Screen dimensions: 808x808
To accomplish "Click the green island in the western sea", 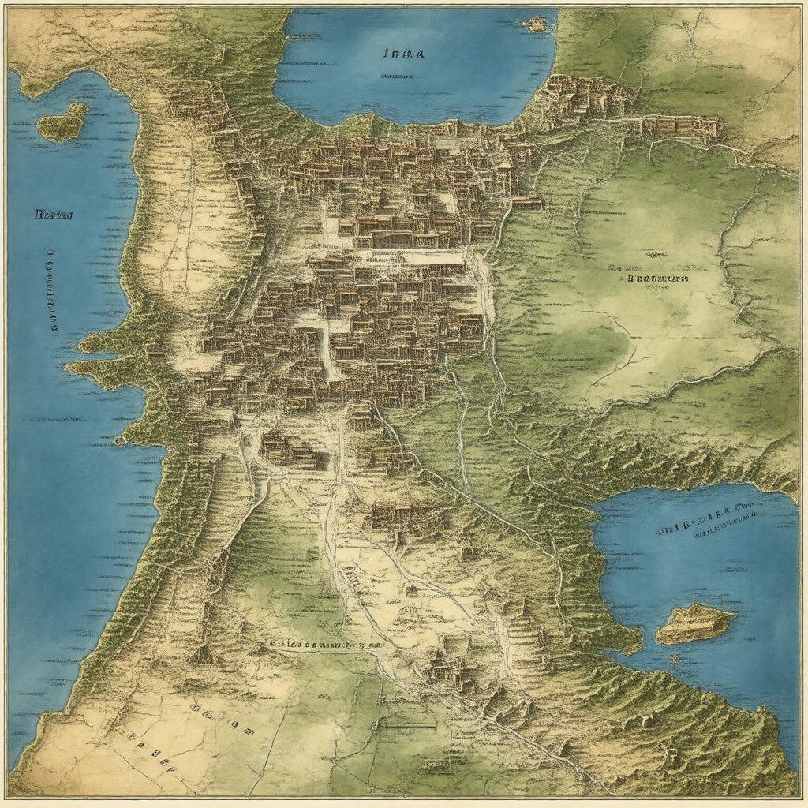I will coord(61,123).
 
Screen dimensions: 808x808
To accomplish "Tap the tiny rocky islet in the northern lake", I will coord(534,24).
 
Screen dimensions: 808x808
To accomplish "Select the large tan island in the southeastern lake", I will coord(694,623).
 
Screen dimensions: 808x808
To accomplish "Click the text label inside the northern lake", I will coord(402,55).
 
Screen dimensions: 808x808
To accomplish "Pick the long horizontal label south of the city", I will coord(324,644).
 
